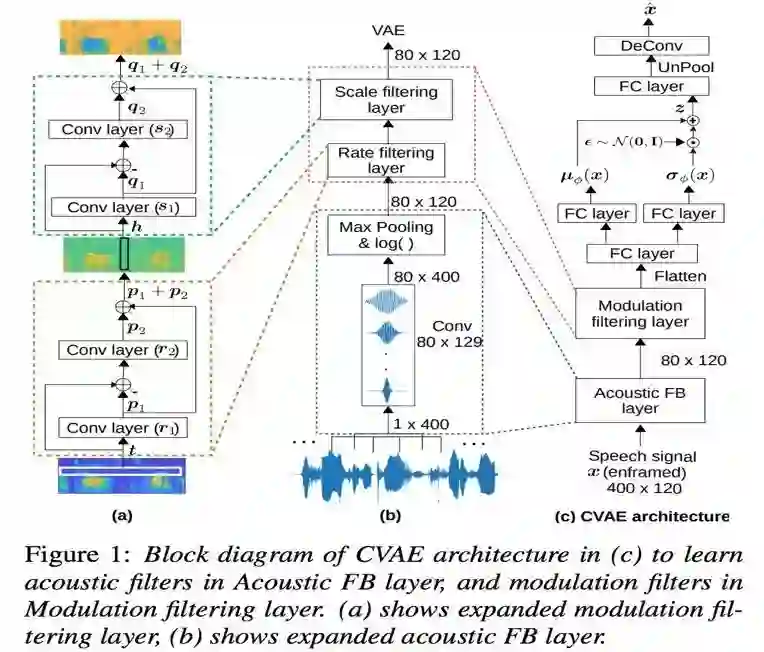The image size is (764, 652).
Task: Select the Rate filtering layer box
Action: (x=385, y=161)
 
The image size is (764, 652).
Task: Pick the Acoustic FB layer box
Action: (x=640, y=399)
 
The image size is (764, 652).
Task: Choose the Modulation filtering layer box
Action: (x=641, y=313)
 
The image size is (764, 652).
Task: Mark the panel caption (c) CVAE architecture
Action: (x=641, y=516)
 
